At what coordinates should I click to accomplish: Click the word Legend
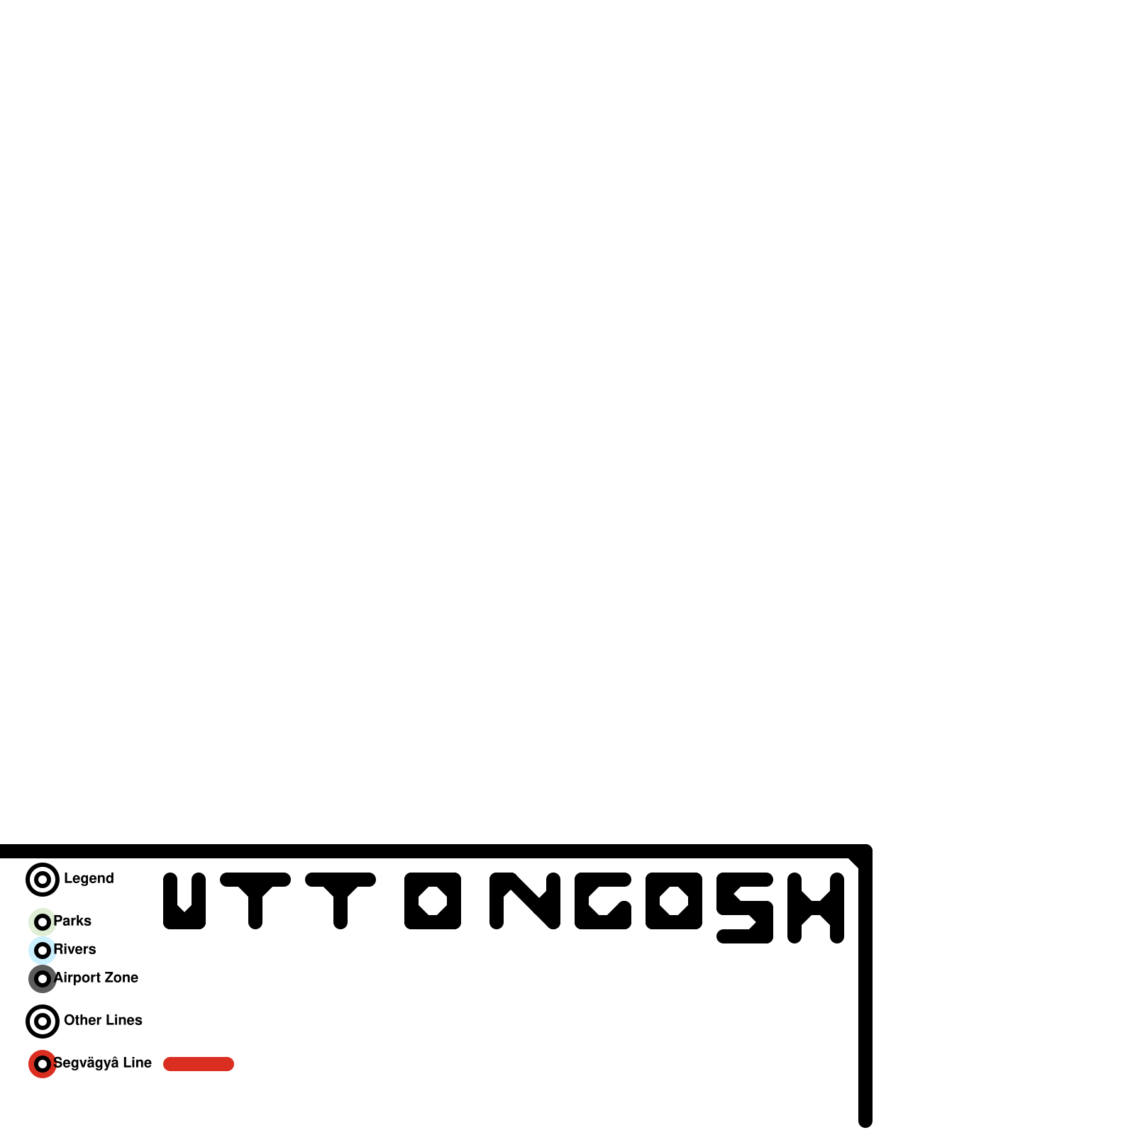point(89,878)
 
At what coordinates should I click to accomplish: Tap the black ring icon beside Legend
point(43,880)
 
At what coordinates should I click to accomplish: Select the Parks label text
point(72,921)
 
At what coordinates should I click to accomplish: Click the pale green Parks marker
point(43,922)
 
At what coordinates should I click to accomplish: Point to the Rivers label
point(74,949)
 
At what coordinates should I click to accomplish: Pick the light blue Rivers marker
point(43,951)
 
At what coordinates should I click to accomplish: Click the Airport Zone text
point(96,978)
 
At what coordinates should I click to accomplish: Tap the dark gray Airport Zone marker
point(43,979)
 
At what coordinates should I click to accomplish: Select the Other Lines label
point(103,1020)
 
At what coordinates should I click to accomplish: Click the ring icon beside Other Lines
point(43,1021)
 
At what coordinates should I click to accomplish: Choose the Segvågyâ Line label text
point(102,1063)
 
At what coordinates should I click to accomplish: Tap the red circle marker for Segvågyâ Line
point(43,1064)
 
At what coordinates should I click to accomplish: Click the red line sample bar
point(199,1064)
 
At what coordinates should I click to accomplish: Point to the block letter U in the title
point(184,901)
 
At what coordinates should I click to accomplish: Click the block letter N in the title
point(525,901)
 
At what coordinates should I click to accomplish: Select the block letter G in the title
point(603,901)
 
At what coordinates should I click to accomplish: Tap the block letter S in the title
point(745,908)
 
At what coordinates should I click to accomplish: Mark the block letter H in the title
point(816,908)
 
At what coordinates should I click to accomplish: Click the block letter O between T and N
point(433,901)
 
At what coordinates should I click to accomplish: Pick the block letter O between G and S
point(674,901)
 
